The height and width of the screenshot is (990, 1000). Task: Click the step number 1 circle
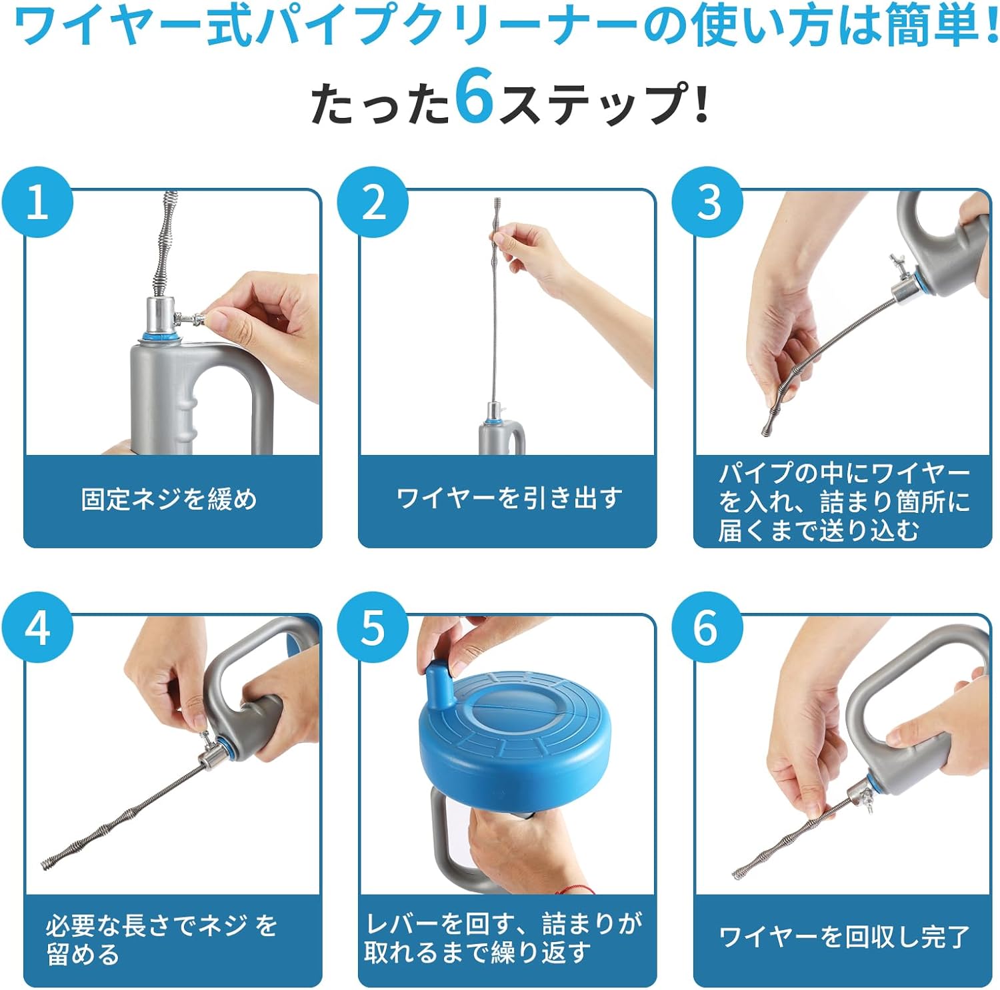[37, 202]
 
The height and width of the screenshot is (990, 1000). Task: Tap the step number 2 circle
[373, 202]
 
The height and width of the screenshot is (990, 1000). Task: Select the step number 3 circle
[707, 202]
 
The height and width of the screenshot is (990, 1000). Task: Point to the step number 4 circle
[37, 627]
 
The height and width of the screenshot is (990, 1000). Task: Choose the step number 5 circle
[373, 627]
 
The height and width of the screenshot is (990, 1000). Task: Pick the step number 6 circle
[707, 627]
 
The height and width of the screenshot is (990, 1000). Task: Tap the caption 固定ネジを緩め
[169, 499]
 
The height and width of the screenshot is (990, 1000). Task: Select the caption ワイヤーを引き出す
[509, 498]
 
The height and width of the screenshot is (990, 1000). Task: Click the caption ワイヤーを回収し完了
[844, 937]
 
